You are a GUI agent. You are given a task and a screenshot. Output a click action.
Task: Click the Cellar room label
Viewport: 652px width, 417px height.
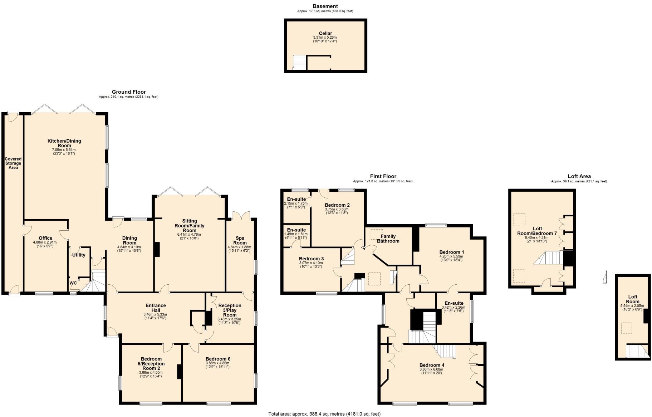pos(325,33)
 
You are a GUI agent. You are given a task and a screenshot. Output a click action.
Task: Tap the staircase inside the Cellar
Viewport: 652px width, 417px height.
pos(300,62)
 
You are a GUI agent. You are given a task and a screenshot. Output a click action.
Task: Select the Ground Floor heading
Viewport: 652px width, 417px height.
pos(129,92)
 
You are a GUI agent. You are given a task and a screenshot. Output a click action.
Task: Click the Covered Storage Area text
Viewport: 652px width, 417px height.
pos(13,163)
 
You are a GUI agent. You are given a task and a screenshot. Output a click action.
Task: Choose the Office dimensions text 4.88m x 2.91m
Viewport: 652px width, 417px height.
pos(45,242)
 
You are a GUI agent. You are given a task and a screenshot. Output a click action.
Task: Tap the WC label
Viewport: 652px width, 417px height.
pos(73,283)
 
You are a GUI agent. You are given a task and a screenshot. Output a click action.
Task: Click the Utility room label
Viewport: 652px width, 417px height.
pos(79,255)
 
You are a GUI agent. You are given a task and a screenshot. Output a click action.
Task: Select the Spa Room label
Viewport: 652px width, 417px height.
pos(240,240)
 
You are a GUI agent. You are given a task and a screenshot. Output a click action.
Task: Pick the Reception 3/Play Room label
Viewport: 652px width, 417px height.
pos(230,310)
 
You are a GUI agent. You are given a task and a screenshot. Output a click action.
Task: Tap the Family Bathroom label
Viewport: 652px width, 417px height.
pos(388,239)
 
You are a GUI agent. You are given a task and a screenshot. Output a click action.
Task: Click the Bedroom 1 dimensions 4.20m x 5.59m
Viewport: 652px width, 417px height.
pos(451,256)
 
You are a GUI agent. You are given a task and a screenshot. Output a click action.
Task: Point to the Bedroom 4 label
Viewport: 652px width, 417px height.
pos(432,365)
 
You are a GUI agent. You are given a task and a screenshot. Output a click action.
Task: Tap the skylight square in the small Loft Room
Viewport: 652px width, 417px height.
pos(626,328)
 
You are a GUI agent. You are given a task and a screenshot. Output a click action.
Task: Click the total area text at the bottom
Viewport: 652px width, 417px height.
pos(324,414)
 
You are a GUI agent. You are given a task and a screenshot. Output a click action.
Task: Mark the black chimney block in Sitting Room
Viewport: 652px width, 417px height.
pos(157,249)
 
